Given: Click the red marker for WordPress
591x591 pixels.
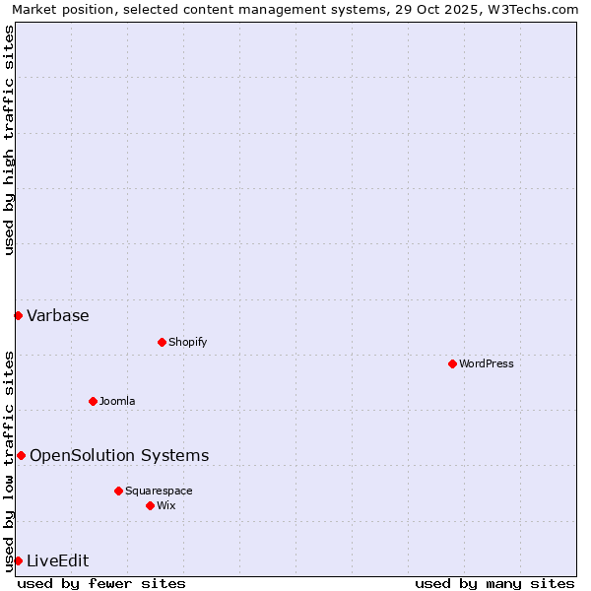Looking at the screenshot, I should [452, 363].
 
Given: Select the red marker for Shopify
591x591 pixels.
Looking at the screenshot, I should [162, 342].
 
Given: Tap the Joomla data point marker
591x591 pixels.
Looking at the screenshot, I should [93, 401].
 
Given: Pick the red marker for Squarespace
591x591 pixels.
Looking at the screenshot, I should [118, 491].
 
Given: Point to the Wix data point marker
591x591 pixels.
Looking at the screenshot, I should [150, 505].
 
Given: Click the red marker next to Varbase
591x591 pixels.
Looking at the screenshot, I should [18, 315].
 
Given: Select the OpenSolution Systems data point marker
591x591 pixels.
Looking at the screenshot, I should [21, 455].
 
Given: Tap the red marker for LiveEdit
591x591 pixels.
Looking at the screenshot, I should [18, 560].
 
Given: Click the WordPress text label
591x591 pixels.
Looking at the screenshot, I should [487, 363].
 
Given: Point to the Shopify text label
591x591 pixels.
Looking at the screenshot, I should [187, 342].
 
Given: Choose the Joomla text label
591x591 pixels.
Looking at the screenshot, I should [117, 401].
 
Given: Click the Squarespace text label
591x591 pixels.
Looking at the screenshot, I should [159, 491].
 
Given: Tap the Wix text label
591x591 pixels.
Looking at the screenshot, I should [166, 505].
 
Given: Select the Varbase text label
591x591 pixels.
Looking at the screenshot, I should [58, 315].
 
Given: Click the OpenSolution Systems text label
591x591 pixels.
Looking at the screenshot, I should [119, 455].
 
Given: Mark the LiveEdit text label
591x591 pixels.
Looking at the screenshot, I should [58, 560].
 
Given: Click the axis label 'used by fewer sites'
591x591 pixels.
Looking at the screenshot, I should [101, 583].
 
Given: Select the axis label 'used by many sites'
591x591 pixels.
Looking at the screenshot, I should [494, 583].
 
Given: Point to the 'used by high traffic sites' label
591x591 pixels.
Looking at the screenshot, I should [9, 140].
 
